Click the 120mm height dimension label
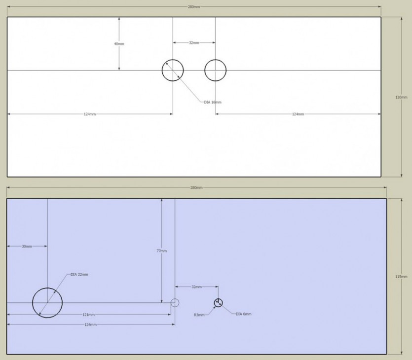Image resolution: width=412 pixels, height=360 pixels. [401, 97]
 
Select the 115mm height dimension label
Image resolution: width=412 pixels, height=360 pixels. [401, 277]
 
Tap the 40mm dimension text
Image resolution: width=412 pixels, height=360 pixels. [119, 44]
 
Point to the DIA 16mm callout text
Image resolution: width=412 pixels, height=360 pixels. [213, 102]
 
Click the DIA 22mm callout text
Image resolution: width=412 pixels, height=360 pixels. [79, 275]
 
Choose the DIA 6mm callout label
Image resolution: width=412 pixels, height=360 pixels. [244, 314]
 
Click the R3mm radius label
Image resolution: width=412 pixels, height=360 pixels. [199, 315]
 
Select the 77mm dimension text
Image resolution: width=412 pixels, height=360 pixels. [162, 251]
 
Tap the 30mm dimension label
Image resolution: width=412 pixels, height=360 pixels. [27, 246]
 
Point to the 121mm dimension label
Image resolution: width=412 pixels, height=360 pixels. [88, 315]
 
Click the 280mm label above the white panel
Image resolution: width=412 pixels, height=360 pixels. [193, 7]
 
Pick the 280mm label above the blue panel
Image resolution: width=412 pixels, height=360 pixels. [196, 187]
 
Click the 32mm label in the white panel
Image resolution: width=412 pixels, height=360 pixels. [194, 42]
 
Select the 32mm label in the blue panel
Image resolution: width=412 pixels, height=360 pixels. [196, 287]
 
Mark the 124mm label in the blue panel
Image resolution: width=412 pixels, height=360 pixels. [91, 324]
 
